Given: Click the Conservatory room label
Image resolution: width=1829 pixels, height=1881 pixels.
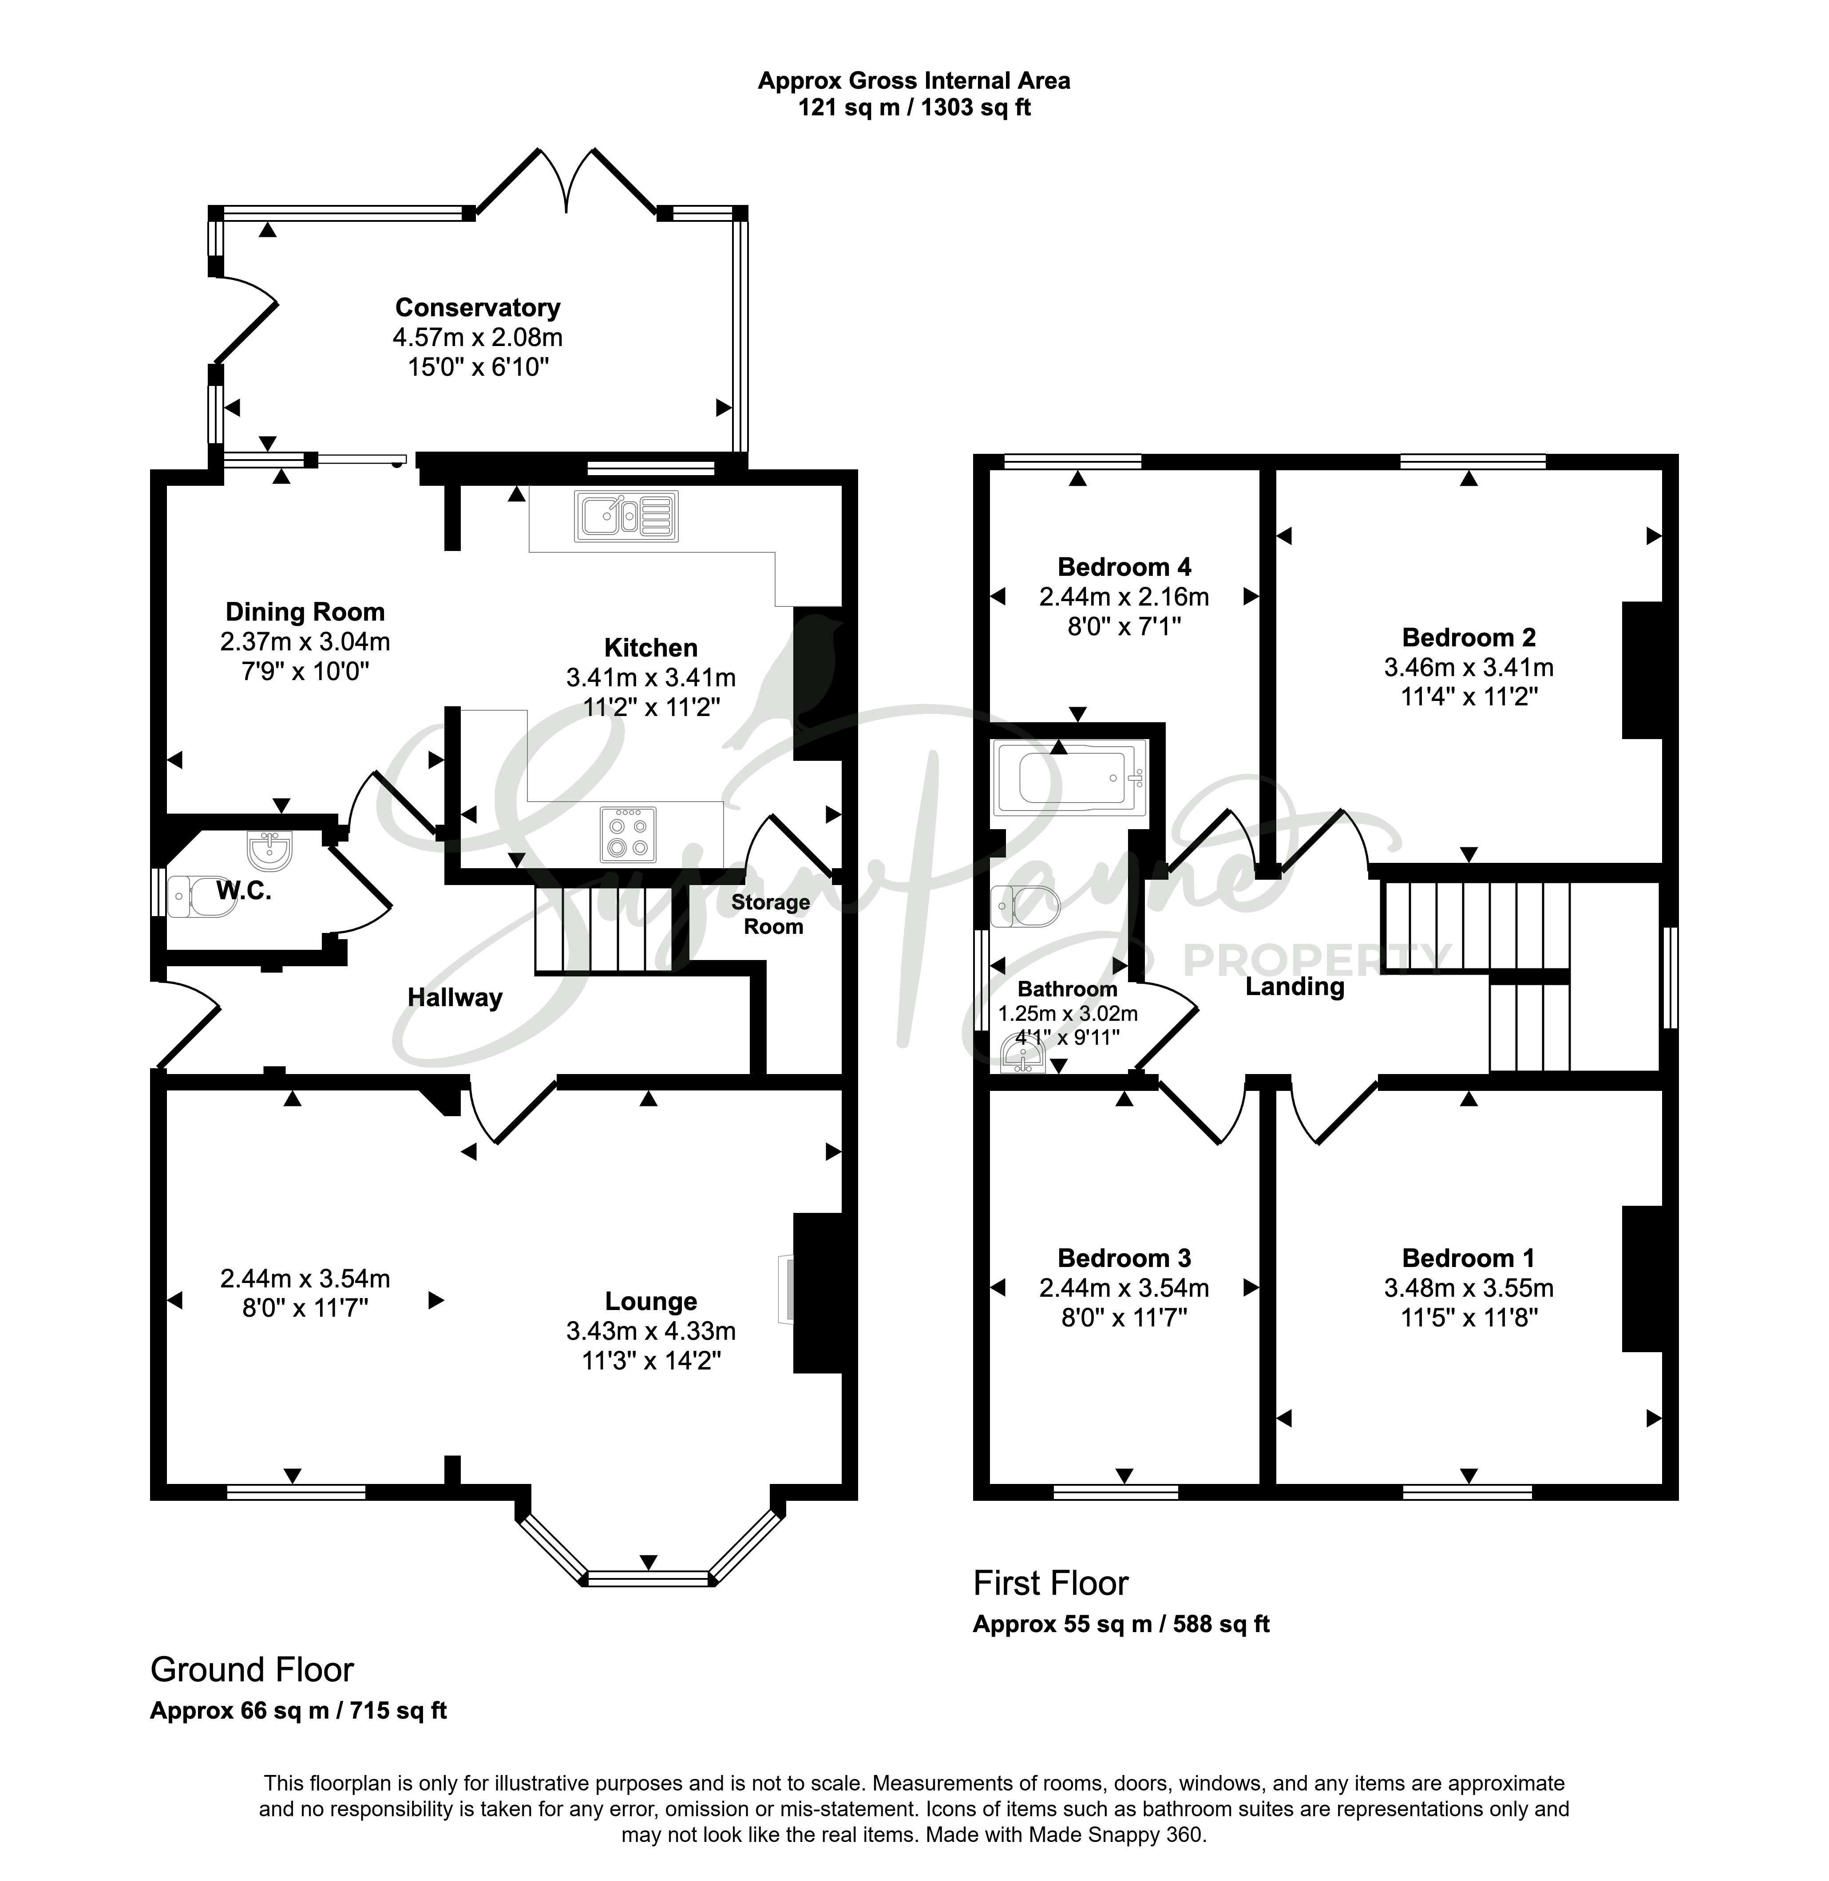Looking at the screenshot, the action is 477,307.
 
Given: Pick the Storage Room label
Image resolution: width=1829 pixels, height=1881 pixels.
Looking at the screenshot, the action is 770,914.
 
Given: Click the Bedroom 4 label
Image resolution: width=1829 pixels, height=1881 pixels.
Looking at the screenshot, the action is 1124,567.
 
